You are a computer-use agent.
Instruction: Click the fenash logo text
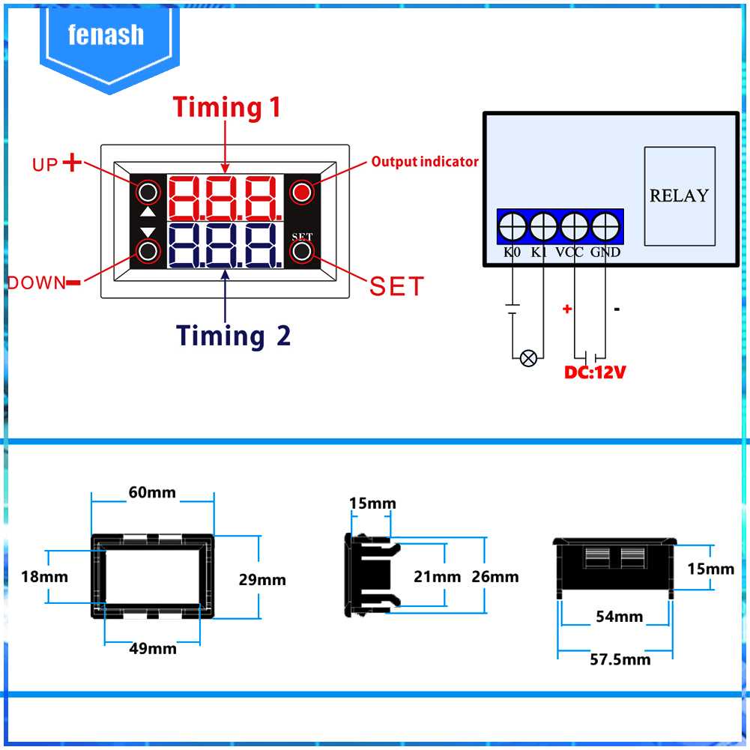point(106,35)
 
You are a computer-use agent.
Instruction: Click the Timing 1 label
point(227,107)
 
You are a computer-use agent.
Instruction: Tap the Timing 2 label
point(234,336)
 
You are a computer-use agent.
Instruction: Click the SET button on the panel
point(302,251)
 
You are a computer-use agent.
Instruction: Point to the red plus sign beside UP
point(73,163)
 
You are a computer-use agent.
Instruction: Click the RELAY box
point(679,196)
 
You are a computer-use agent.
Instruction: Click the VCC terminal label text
point(569,252)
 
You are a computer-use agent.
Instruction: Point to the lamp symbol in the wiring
point(528,358)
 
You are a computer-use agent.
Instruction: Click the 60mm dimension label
point(152,492)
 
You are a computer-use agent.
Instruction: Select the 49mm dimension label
point(153,648)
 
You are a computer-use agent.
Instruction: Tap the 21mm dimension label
point(438,576)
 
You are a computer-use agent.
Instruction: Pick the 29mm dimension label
point(262,580)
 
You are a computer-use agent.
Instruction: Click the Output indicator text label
point(425,162)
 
